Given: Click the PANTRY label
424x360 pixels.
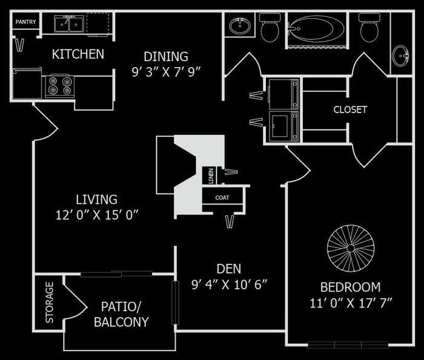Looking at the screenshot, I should (25, 22).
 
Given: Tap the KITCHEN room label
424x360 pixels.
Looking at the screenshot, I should (78, 54).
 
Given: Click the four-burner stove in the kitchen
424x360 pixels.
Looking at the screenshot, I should (59, 86).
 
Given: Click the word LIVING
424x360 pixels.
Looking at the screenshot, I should (96, 199).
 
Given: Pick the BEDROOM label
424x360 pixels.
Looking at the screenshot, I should (351, 287).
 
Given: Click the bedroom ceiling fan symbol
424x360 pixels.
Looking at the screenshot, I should (350, 247).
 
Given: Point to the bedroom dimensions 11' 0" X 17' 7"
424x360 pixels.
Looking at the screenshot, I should (351, 303).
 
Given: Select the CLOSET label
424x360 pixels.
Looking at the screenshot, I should (350, 110).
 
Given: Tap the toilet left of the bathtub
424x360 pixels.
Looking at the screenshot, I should (270, 27).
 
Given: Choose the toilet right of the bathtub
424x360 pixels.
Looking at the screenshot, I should (369, 27).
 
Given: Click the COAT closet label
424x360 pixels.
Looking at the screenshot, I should (222, 198).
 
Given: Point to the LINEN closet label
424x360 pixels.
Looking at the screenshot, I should (211, 175).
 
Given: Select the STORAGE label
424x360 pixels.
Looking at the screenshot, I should (50, 302).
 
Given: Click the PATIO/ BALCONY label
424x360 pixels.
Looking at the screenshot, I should (121, 315).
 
